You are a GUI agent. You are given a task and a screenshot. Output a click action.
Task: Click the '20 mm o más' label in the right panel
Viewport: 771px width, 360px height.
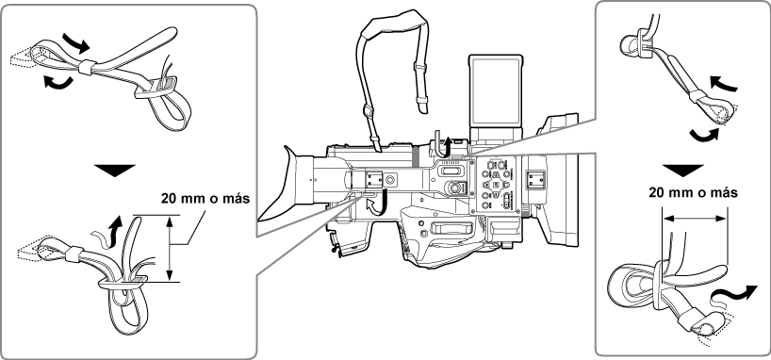coord(692,191)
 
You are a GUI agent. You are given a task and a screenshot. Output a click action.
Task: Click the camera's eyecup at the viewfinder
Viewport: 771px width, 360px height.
coord(299,179)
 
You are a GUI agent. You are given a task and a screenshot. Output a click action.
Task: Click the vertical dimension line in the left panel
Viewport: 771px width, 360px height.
coord(171,248)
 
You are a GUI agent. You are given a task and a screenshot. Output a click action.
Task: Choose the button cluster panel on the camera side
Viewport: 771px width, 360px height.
coord(496,184)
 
